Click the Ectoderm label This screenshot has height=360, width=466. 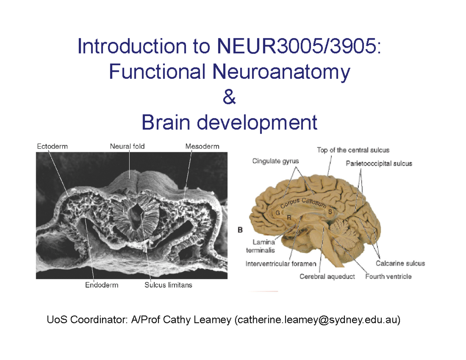pyautogui.click(x=52, y=147)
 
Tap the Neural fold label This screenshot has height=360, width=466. pyautogui.click(x=127, y=147)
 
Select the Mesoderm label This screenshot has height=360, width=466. pyautogui.click(x=202, y=147)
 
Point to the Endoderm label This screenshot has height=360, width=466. pyautogui.click(x=102, y=285)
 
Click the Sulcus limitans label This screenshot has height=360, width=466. pyautogui.click(x=168, y=285)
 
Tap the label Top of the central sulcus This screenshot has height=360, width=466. pyautogui.click(x=353, y=150)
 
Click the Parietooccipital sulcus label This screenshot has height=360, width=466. pyautogui.click(x=379, y=163)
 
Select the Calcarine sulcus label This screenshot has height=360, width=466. pyautogui.click(x=400, y=263)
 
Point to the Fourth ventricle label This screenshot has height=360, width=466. pyautogui.click(x=388, y=277)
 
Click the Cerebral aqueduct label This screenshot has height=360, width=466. pyautogui.click(x=327, y=277)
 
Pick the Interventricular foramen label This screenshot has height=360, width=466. pyautogui.click(x=281, y=264)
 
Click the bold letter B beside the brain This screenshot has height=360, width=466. pyautogui.click(x=240, y=230)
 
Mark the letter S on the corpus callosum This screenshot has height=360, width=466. pyautogui.click(x=330, y=212)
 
